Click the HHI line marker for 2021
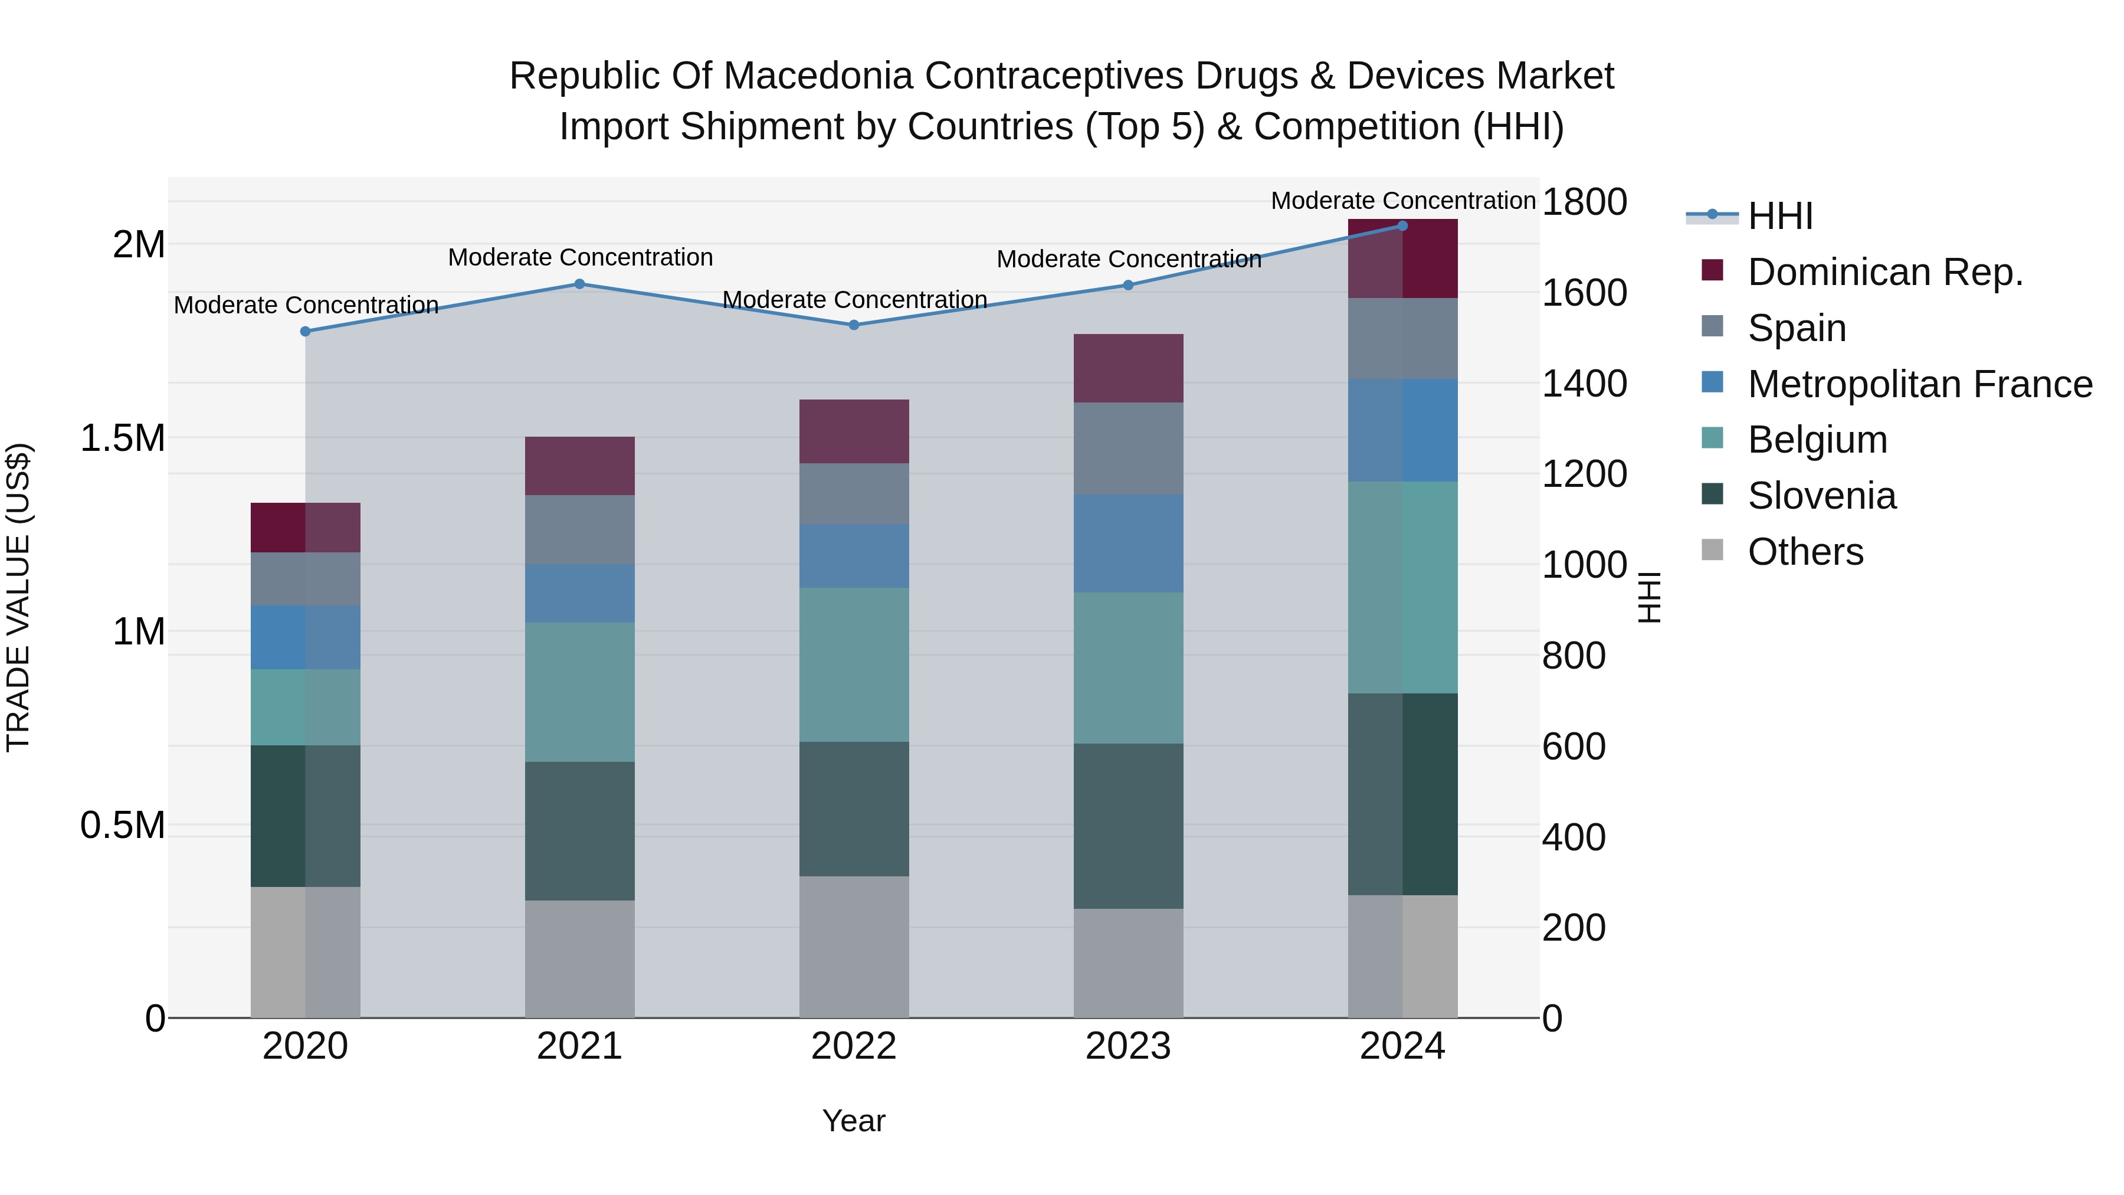[579, 284]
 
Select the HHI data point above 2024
[1402, 225]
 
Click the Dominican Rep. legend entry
[1885, 272]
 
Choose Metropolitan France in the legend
[1919, 384]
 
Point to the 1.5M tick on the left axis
[122, 438]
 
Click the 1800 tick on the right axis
[1584, 201]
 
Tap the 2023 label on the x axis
[1128, 1046]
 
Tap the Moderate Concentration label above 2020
[306, 305]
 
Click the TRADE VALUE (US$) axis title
[18, 597]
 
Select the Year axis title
[853, 1121]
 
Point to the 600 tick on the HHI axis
[1573, 747]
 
